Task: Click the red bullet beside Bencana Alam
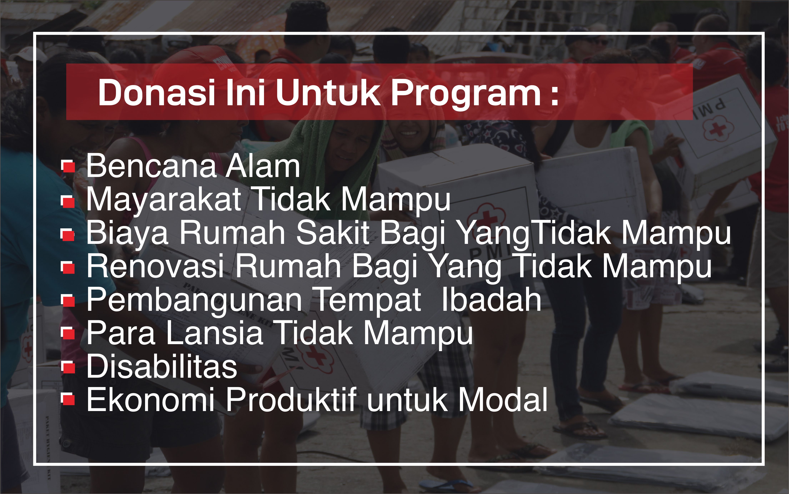(68, 167)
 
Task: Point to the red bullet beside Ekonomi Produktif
(68, 400)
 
